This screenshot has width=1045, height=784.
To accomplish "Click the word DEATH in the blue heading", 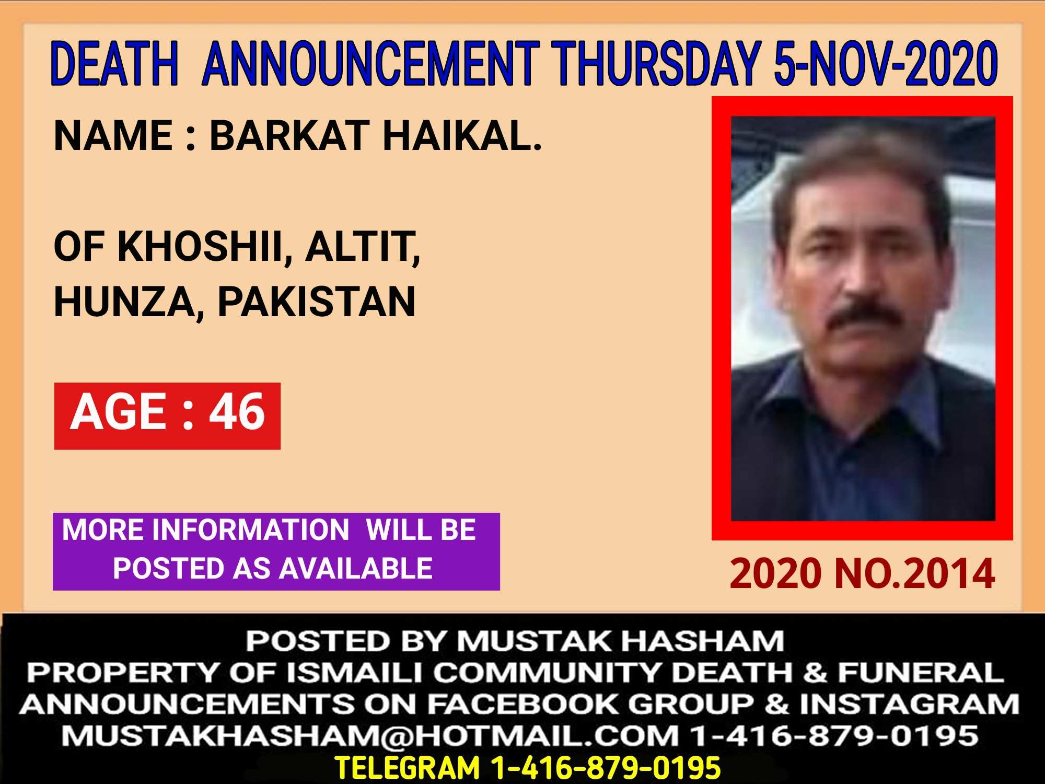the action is point(114,64).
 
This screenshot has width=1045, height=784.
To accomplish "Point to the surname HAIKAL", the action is point(462,136).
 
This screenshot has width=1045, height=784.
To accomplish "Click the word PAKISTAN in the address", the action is point(317,302).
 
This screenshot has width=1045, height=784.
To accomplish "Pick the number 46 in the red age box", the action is point(238,412).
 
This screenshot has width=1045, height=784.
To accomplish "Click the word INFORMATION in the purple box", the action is point(250,531).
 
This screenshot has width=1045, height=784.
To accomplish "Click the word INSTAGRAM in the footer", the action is point(910,704).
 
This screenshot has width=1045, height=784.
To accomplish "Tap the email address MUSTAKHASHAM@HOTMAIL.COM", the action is point(370,736).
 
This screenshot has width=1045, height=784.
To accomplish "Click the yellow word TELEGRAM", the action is point(407,767).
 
